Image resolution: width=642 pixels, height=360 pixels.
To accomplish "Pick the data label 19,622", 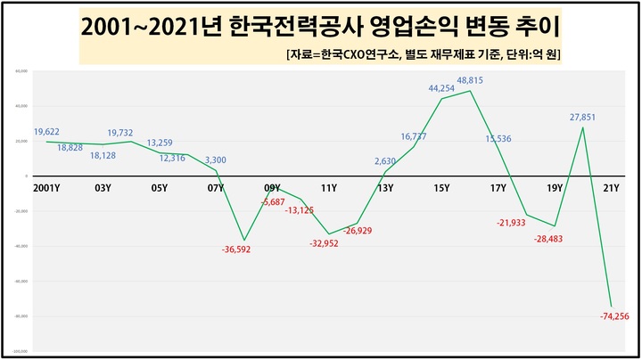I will click(47, 132).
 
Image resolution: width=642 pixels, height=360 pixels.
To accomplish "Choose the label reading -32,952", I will click(327, 242).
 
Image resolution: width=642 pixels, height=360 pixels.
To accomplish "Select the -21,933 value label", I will click(514, 222).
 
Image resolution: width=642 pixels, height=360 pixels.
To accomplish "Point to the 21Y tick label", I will click(611, 188).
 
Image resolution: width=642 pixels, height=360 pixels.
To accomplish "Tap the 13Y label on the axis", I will click(385, 188).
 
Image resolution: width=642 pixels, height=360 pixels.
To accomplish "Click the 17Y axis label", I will click(498, 188).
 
